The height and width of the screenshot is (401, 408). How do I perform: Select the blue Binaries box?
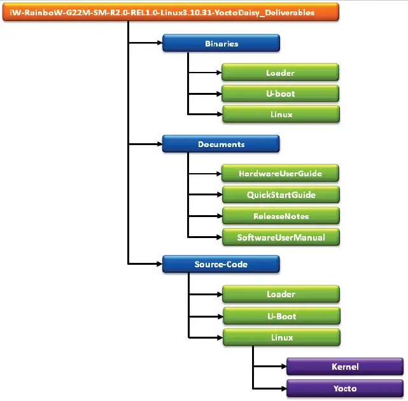[x=221, y=44]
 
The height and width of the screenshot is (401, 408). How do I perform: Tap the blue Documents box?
[x=221, y=144]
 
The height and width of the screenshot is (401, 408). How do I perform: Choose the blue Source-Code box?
[x=221, y=264]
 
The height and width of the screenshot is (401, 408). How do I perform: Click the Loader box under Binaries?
[x=280, y=73]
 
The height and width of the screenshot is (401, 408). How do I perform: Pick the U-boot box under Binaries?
[x=280, y=94]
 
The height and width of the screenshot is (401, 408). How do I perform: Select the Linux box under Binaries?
[x=280, y=115]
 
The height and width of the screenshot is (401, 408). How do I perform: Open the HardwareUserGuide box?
[x=280, y=173]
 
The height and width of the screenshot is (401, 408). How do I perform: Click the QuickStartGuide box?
[x=280, y=194]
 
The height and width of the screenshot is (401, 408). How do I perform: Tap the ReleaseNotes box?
[x=280, y=216]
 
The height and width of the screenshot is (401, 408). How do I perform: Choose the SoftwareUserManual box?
[x=280, y=237]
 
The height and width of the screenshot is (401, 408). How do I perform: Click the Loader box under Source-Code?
[x=280, y=295]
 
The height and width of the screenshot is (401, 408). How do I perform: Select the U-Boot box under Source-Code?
[x=280, y=316]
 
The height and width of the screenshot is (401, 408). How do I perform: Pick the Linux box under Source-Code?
[x=280, y=337]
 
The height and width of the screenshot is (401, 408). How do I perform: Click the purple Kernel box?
[x=344, y=367]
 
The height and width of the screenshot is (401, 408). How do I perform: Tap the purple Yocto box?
[x=344, y=388]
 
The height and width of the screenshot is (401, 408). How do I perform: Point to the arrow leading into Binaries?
[x=145, y=44]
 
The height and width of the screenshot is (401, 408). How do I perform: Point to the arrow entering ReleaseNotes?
[x=204, y=216]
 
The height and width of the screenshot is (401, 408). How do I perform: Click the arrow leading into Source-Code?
[x=145, y=264]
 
